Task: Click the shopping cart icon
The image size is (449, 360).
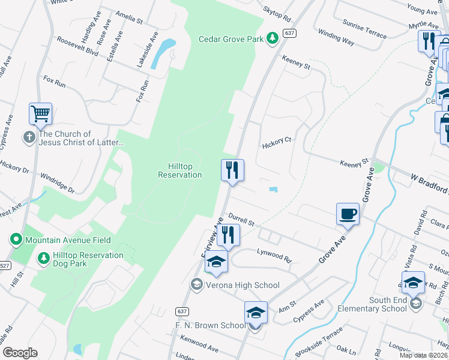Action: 40,113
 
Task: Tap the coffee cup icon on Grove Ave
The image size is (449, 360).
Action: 348,214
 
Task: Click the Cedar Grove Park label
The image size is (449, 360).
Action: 231,39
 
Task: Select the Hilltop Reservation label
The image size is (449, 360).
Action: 179,170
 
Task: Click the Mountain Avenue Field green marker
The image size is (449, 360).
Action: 16,240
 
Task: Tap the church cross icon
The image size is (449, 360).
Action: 28,137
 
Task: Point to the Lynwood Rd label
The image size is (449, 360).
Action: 274,256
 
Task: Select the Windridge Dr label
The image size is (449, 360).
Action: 58,182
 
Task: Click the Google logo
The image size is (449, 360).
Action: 20,353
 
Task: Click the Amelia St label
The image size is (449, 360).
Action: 129,20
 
